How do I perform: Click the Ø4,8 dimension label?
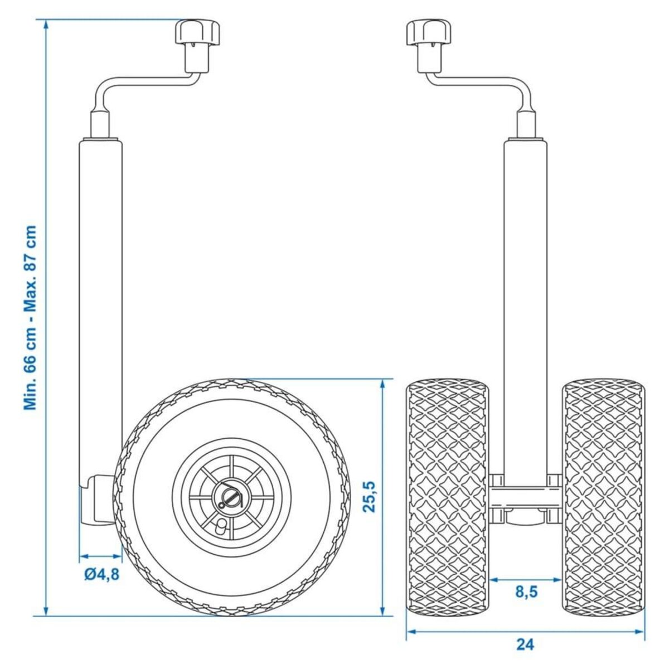(x=102, y=574)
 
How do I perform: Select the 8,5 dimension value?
(x=525, y=592)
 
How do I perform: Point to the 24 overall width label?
(x=525, y=644)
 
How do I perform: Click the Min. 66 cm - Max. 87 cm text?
(x=31, y=318)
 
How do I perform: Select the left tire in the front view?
(x=448, y=497)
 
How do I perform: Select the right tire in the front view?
(x=604, y=497)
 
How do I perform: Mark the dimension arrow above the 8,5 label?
(x=525, y=580)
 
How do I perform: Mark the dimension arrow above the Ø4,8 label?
(x=101, y=556)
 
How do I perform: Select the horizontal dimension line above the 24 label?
(x=525, y=632)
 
